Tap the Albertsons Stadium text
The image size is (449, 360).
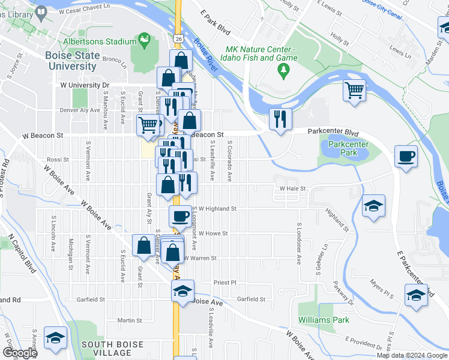(99, 41)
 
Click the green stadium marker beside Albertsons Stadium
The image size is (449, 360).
(144, 41)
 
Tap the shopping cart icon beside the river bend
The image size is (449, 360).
(354, 91)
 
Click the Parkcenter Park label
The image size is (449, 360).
(339, 148)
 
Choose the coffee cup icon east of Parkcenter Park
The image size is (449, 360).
(406, 157)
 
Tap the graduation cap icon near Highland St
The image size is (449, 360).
(373, 206)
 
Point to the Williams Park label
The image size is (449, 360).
(324, 320)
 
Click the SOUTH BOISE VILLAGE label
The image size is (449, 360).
(112, 349)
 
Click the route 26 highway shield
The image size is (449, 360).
(179, 38)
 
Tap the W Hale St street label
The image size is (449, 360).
(293, 188)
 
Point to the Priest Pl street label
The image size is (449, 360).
(225, 282)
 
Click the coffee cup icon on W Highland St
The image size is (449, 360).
(179, 216)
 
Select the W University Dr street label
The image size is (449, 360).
(85, 85)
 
